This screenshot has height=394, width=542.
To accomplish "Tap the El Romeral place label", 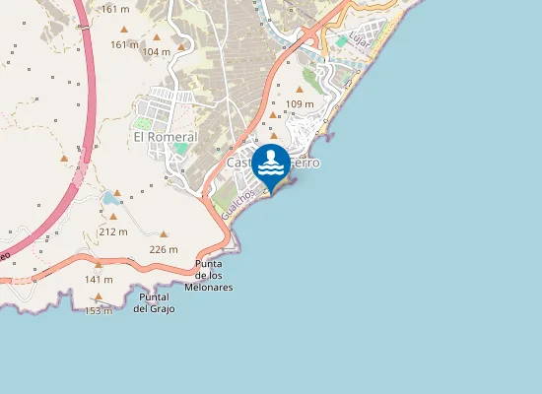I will [x=166, y=137].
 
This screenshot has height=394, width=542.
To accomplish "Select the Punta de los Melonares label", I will [x=214, y=275].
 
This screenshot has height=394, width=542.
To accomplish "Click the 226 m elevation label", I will [x=163, y=249].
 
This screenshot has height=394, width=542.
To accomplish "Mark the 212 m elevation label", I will [x=113, y=231].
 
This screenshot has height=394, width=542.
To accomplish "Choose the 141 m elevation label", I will [x=99, y=279].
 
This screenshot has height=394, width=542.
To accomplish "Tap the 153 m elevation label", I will [x=99, y=310].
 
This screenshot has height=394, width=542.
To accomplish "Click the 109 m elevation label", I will [x=299, y=103].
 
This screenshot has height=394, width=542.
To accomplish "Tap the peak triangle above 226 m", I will [x=164, y=234].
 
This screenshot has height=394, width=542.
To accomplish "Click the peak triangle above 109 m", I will [x=300, y=89].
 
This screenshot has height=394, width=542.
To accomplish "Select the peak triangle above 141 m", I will [x=99, y=265].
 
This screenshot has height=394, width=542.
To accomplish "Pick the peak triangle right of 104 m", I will [x=181, y=46].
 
